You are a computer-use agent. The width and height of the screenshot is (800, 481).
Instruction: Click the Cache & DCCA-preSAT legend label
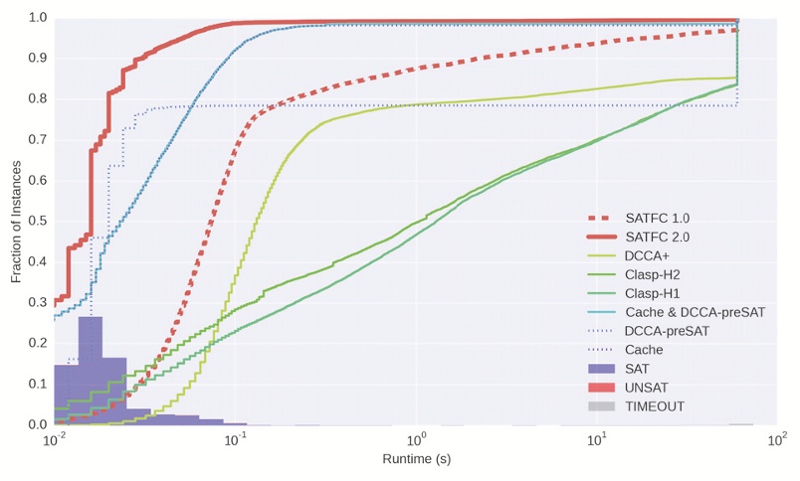tap(694, 312)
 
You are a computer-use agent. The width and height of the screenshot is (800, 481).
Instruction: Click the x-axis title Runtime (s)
tap(415, 459)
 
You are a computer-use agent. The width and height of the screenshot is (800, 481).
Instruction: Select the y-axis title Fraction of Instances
tap(17, 221)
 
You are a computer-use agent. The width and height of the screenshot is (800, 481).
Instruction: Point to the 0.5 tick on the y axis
tap(37, 222)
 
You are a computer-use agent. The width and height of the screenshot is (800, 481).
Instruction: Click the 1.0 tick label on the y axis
tap(37, 18)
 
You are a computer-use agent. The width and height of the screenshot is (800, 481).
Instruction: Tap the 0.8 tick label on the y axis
tap(37, 99)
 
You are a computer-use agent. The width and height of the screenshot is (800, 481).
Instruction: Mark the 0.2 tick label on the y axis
tap(37, 344)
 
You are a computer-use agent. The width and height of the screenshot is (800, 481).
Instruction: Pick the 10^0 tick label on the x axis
tap(416, 439)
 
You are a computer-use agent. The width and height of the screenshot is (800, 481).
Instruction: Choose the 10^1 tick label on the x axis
tap(597, 439)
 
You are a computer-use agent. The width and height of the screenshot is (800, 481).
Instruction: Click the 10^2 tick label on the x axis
tap(777, 439)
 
